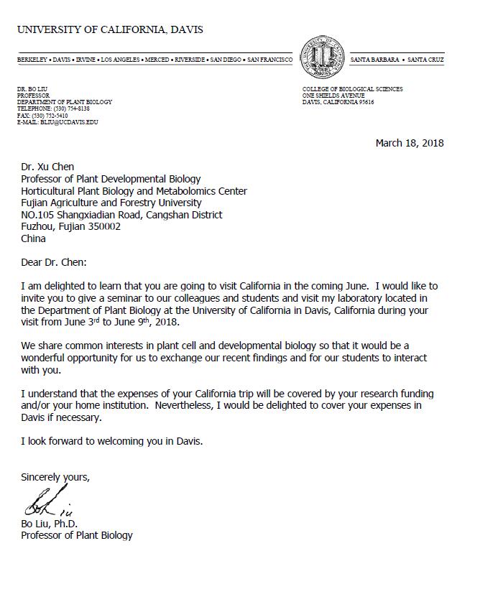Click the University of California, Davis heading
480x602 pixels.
click(110, 29)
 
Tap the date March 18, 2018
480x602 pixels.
click(410, 142)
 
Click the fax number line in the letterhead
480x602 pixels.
click(42, 115)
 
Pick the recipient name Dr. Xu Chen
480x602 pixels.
click(47, 167)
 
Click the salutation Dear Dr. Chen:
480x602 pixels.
click(55, 262)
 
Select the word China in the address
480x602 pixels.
click(33, 239)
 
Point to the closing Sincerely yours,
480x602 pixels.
click(55, 476)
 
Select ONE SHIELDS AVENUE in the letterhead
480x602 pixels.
click(334, 96)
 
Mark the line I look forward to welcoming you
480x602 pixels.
click(111, 441)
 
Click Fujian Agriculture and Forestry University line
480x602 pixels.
click(111, 203)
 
